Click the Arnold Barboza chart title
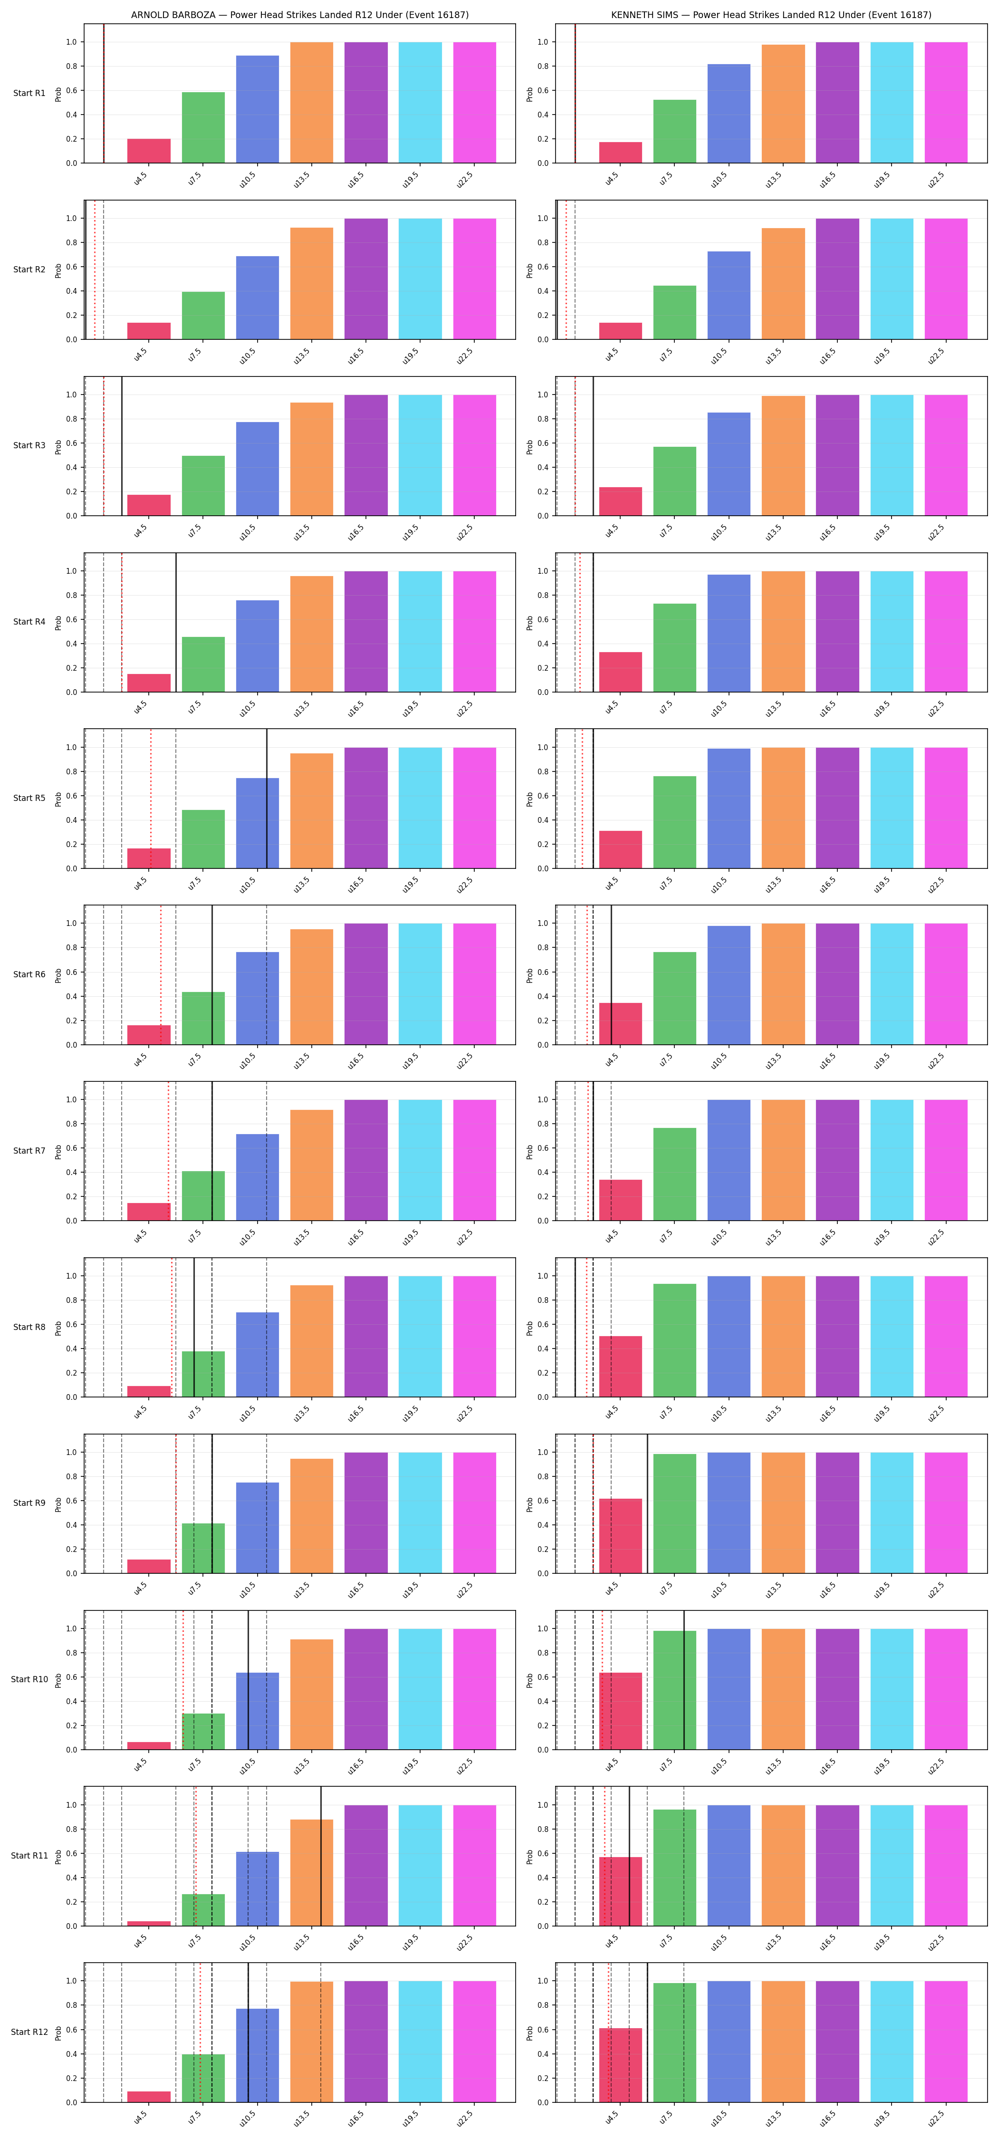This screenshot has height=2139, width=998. [300, 15]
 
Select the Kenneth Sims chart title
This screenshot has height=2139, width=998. [771, 15]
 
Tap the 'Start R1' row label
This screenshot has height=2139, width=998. [29, 93]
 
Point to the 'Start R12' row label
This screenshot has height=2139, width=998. [29, 2032]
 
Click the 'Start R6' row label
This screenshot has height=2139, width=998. [29, 974]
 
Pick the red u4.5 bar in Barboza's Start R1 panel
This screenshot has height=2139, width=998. [149, 151]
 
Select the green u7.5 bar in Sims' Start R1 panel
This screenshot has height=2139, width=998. [675, 131]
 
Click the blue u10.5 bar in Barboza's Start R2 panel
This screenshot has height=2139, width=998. [258, 297]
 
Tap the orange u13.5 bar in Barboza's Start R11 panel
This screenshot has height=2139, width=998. [311, 1872]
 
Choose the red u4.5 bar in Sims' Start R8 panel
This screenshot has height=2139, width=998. [620, 1366]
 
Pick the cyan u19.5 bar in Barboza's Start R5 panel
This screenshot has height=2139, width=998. [420, 808]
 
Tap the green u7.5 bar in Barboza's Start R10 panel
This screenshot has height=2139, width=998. [203, 1731]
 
